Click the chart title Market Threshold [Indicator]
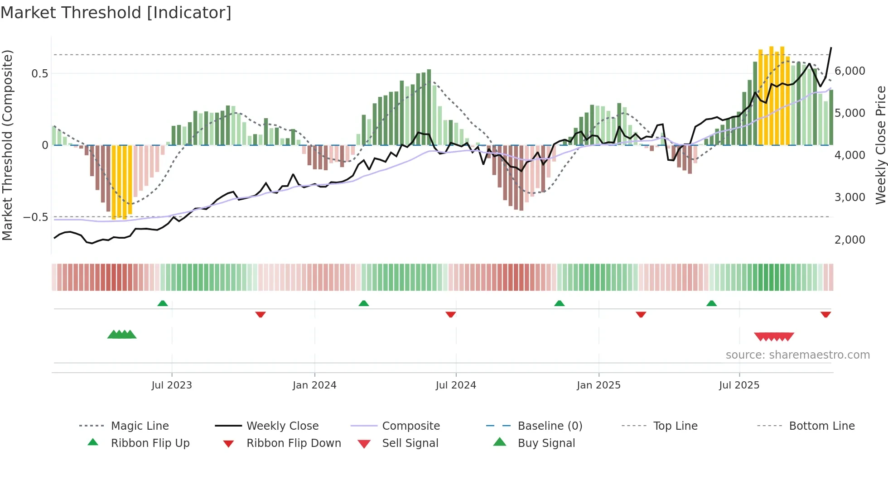pos(116,13)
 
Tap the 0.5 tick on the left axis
pos(39,73)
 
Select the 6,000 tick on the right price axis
pos(849,71)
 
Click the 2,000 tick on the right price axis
pos(849,240)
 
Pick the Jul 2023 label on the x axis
pos(172,385)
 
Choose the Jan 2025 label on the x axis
pos(598,385)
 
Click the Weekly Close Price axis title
pos(880,145)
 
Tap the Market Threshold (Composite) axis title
pos(7,145)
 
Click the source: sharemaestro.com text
pos(797,355)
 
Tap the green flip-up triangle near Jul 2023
pos(163,303)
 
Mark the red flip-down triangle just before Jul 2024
pos(450,314)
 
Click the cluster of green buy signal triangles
pos(122,335)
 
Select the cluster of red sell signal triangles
pos(774,336)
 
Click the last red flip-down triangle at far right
pos(825,314)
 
